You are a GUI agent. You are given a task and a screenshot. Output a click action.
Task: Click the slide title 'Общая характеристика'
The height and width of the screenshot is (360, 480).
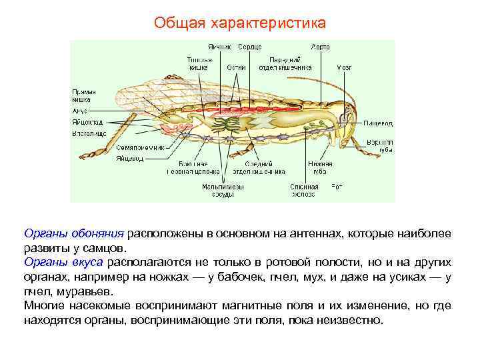(240, 23)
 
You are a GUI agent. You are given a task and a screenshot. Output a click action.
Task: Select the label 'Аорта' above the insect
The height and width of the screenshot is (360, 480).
(320, 47)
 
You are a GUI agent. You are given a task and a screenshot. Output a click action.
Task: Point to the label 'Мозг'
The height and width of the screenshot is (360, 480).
(344, 67)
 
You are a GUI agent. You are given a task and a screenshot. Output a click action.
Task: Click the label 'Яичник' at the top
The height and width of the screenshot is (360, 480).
(219, 47)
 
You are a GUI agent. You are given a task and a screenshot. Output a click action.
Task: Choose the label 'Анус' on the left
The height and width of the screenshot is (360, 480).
(79, 111)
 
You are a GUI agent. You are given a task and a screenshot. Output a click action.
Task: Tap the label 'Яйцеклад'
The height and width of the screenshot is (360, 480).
(87, 122)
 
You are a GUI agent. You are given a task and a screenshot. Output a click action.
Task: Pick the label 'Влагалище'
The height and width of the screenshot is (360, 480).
(89, 133)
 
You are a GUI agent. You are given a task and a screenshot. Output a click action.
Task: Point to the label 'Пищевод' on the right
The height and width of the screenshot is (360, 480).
(378, 123)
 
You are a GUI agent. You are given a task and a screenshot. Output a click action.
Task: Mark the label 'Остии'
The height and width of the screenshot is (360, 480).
(235, 67)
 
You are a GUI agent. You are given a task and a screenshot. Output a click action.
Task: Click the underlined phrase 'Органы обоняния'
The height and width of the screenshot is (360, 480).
(74, 234)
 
